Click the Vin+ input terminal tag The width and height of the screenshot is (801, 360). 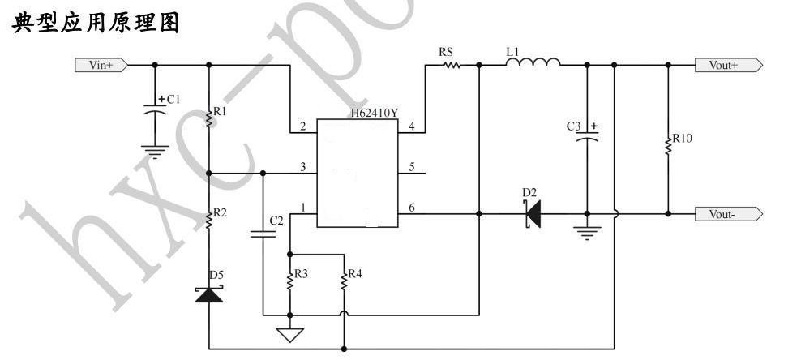click(x=98, y=65)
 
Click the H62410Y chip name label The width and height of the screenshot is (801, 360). click(x=375, y=113)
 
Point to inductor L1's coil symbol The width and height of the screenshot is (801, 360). click(x=533, y=62)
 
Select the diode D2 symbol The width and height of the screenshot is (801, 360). click(x=531, y=214)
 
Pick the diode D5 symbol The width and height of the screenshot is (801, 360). click(x=209, y=294)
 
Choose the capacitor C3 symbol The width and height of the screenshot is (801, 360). click(x=585, y=139)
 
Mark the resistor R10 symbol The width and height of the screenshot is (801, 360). click(x=668, y=144)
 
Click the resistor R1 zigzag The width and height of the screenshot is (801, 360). click(x=209, y=118)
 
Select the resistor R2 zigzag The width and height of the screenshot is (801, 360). click(x=209, y=219)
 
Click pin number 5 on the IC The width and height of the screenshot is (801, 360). click(x=412, y=169)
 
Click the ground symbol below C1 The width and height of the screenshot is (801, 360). click(x=150, y=150)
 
